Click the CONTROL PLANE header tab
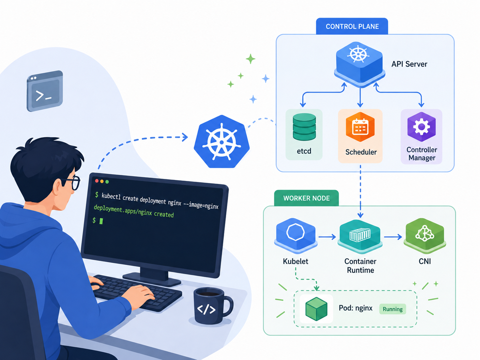(x=352, y=26)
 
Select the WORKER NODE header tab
(x=306, y=198)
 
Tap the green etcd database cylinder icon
(x=304, y=127)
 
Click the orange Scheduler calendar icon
(x=360, y=127)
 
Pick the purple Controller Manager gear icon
(x=421, y=127)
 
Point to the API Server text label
(x=409, y=64)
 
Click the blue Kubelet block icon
(x=296, y=236)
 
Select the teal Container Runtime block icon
(x=360, y=236)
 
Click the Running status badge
(x=392, y=309)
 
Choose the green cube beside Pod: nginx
(x=316, y=309)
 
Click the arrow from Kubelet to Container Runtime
(x=327, y=237)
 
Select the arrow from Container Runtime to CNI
(x=393, y=237)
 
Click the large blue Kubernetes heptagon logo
(x=221, y=142)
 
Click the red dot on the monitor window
(x=97, y=181)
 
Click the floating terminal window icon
(x=45, y=91)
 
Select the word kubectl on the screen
(x=111, y=196)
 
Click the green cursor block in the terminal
(x=101, y=221)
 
